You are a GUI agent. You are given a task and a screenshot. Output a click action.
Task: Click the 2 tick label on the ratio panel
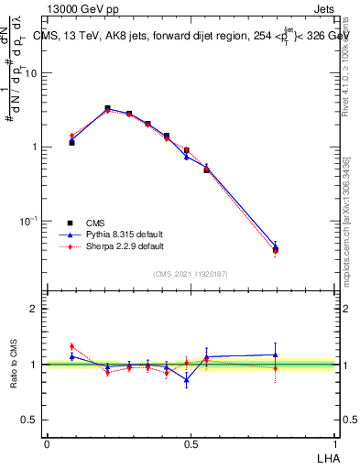click(x=34, y=309)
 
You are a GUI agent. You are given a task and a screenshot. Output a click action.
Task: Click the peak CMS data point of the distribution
click(x=108, y=108)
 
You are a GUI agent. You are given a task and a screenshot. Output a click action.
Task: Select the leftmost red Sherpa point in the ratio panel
click(x=71, y=346)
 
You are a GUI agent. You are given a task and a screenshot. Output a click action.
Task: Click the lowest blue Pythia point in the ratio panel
click(x=187, y=379)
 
